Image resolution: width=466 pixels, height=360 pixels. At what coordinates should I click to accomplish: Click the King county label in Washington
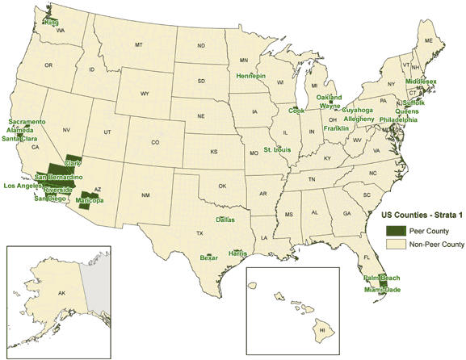(x=52, y=23)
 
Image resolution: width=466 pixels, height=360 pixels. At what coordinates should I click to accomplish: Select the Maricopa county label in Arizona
(x=90, y=199)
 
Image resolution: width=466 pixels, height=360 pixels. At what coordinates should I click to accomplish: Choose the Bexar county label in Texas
(x=208, y=258)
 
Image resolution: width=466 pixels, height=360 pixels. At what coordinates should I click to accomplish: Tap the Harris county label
(x=237, y=253)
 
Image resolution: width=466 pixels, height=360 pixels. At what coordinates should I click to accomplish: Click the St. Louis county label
(x=278, y=149)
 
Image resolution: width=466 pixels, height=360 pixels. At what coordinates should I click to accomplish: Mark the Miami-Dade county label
(x=381, y=289)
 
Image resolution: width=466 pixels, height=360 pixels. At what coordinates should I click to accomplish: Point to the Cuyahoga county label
(x=358, y=110)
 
